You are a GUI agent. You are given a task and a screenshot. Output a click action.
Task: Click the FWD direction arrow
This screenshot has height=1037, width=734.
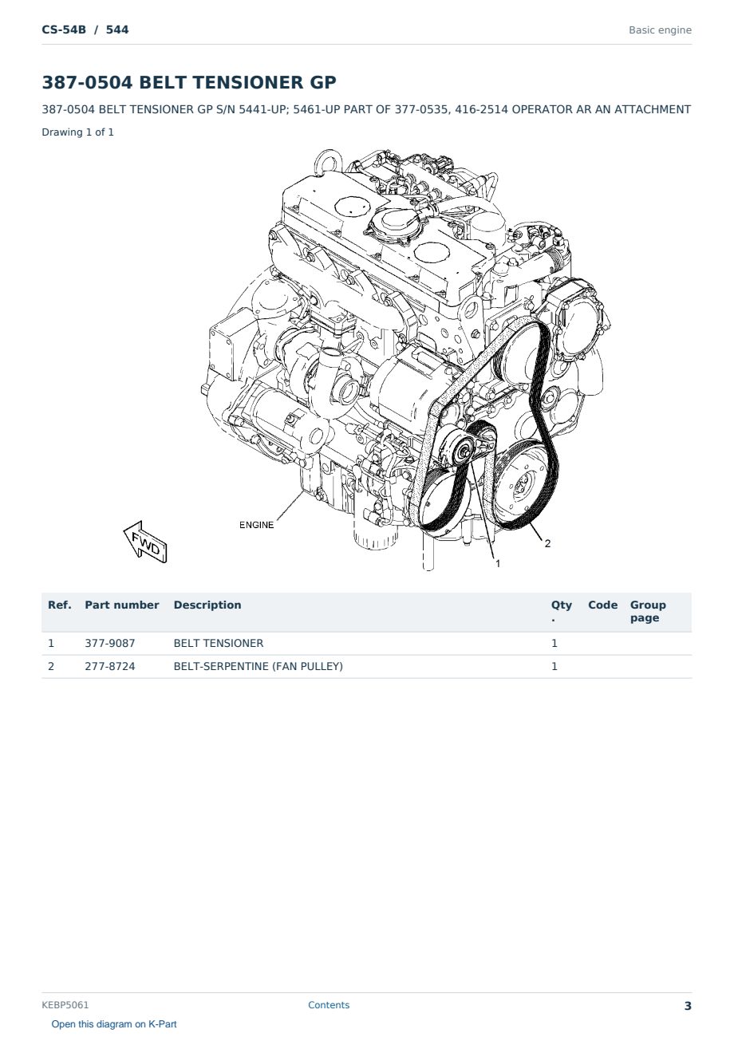145,542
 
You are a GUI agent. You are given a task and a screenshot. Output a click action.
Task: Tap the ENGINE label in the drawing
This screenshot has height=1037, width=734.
256,525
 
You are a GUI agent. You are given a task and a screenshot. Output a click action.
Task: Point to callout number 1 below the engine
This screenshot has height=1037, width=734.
498,563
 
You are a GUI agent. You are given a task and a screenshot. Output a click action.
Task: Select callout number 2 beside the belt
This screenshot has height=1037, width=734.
547,543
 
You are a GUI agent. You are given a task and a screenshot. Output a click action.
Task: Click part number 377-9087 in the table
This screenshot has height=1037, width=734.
110,643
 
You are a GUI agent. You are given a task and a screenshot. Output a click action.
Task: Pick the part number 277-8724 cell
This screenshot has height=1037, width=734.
110,666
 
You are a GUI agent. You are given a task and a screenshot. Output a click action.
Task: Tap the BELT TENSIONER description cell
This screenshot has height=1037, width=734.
218,643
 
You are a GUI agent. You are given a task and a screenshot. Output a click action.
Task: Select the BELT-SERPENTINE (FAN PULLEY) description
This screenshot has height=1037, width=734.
258,666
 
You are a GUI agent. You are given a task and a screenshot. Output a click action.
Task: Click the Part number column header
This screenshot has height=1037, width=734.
122,605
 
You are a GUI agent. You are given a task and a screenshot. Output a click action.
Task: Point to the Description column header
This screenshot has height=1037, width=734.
207,605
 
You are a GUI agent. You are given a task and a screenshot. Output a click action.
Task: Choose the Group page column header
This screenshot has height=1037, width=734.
648,611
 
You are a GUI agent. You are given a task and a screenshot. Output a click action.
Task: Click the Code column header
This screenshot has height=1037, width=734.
602,605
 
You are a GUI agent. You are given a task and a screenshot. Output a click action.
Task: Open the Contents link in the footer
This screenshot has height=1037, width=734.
329,1005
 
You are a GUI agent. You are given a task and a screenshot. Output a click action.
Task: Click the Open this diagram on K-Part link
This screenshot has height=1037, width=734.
114,1024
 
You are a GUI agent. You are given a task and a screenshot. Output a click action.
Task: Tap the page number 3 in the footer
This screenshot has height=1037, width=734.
688,1006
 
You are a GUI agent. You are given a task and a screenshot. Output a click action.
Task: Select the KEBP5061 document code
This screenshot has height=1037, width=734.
65,1005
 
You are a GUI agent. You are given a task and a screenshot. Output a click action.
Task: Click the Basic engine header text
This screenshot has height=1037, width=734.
660,30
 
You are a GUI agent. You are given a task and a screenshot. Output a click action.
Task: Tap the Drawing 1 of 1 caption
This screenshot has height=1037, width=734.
78,132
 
